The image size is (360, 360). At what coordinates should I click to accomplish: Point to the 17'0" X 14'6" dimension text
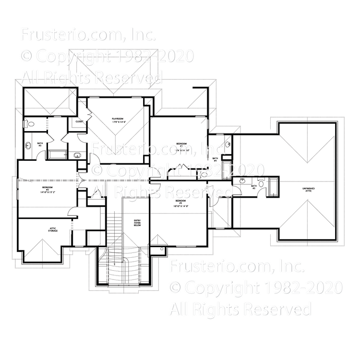pyautogui.click(x=118, y=122)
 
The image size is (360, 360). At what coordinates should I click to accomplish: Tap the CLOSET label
pyautogui.click(x=80, y=121)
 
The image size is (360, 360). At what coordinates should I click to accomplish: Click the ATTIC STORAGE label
pyautogui.click(x=53, y=230)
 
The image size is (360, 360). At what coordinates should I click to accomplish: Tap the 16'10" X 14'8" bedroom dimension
pyautogui.click(x=180, y=205)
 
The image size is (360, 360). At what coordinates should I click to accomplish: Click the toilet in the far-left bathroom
pyautogui.click(x=30, y=124)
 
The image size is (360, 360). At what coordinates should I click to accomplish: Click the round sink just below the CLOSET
pyautogui.click(x=77, y=155)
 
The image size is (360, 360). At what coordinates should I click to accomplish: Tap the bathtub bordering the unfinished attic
pyautogui.click(x=274, y=187)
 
